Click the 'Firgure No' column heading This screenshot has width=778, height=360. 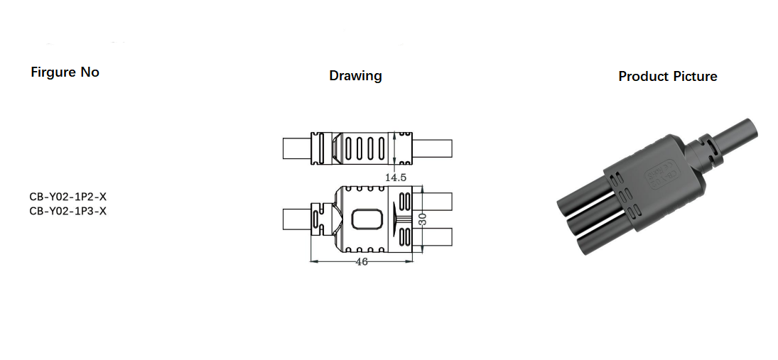(65, 72)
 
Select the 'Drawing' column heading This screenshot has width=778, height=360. (355, 76)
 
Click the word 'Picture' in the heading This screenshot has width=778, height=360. (695, 77)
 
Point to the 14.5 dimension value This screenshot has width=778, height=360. (396, 178)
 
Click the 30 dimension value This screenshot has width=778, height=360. (422, 221)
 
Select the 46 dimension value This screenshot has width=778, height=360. (361, 262)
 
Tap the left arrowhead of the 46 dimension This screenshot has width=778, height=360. (313, 261)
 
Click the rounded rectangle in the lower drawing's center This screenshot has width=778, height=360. (366, 219)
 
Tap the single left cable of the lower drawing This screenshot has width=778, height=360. (296, 219)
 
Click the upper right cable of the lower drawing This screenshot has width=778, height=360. (438, 201)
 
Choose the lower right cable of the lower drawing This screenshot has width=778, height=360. (438, 237)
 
